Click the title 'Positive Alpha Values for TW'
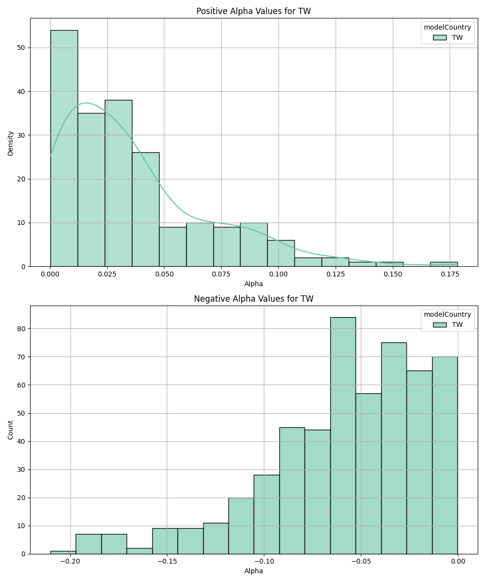pos(254,11)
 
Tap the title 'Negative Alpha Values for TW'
pos(254,299)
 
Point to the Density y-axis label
pos(11,143)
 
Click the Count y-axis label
pos(11,430)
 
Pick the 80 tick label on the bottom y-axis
pos(21,329)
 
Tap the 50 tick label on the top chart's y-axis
pos(21,48)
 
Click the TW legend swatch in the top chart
pos(440,37)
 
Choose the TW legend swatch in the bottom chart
pos(440,324)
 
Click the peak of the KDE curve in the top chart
pos(86,103)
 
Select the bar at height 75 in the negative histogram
pos(394,448)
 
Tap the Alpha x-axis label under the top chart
pos(254,284)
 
